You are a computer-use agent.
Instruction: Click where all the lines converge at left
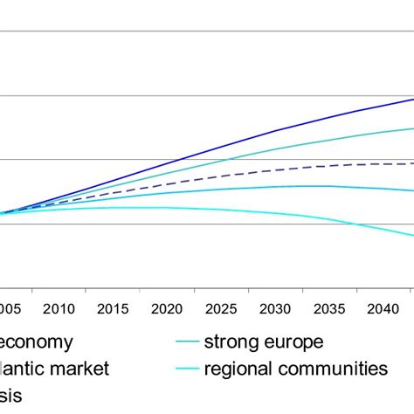coord(5,212)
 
